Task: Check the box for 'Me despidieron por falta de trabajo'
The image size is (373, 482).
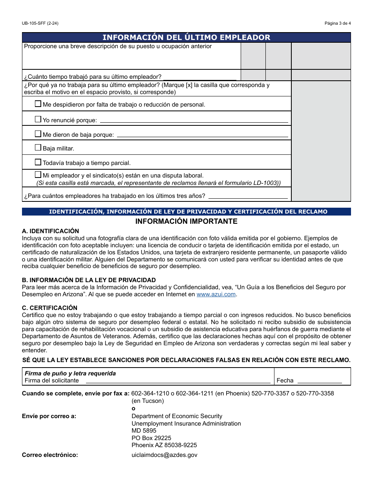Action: (x=38, y=104)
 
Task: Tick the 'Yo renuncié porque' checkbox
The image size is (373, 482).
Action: (x=38, y=119)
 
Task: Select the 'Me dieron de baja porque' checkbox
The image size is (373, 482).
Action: (x=38, y=134)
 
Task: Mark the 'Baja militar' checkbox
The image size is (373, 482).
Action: (x=38, y=148)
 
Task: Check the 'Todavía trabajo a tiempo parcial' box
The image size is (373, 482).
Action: (x=38, y=162)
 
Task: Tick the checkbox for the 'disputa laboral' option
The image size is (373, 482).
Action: (x=38, y=175)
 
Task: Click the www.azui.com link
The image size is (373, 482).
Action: (x=216, y=294)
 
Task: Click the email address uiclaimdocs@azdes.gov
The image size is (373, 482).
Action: (x=164, y=455)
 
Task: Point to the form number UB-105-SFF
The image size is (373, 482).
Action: (x=40, y=23)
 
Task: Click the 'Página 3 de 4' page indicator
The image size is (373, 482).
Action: (x=337, y=23)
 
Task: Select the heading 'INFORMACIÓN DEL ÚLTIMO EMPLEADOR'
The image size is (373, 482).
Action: (x=186, y=38)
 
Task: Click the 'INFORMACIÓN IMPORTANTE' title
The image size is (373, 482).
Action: (x=186, y=221)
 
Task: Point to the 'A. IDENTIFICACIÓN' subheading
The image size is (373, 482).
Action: (x=50, y=231)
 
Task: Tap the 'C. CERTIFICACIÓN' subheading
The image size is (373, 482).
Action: (x=49, y=308)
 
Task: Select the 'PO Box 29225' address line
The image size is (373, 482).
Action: (x=151, y=438)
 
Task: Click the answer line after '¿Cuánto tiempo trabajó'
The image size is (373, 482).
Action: (x=199, y=77)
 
